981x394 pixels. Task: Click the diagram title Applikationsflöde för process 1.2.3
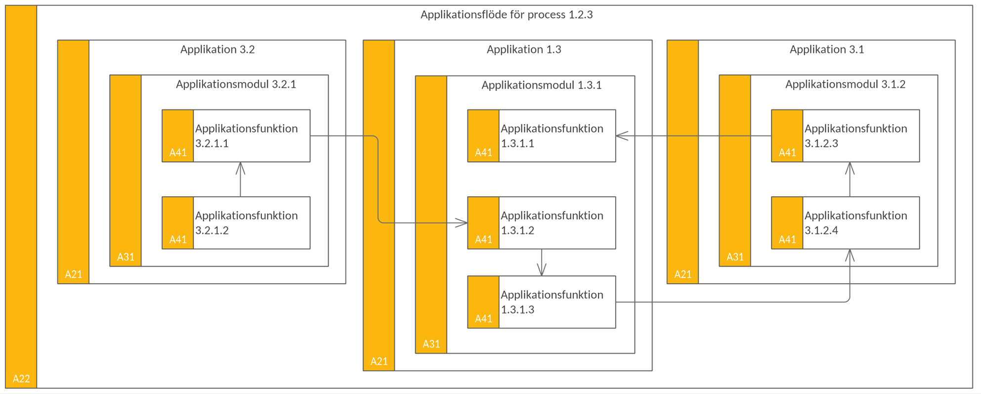[x=507, y=14]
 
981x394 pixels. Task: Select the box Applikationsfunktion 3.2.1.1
[x=236, y=136]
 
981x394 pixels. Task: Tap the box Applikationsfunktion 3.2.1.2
[x=236, y=223]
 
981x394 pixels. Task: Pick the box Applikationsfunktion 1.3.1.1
[x=542, y=136]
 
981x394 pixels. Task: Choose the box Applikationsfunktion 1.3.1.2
[x=542, y=223]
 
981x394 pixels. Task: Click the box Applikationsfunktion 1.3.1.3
[x=542, y=302]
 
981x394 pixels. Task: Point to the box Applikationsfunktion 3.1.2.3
[x=846, y=136]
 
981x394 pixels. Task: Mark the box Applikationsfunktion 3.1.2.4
[x=846, y=223]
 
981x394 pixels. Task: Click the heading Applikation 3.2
[x=217, y=49]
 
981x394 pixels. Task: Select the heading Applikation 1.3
[x=524, y=49]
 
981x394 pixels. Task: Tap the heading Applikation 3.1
[x=827, y=49]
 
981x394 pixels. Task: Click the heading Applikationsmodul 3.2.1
[x=236, y=85]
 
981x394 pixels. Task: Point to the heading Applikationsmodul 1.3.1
[x=542, y=86]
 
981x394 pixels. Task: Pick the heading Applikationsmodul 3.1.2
[x=846, y=85]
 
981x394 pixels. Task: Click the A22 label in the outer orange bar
[x=21, y=379]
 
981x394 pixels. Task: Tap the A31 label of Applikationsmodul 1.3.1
[x=431, y=344]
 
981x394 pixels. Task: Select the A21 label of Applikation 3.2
[x=74, y=274]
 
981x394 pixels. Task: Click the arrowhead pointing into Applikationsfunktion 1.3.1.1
[x=622, y=136]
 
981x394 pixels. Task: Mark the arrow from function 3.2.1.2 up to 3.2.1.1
[x=241, y=179]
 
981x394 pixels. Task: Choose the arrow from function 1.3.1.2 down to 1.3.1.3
[x=542, y=263]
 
